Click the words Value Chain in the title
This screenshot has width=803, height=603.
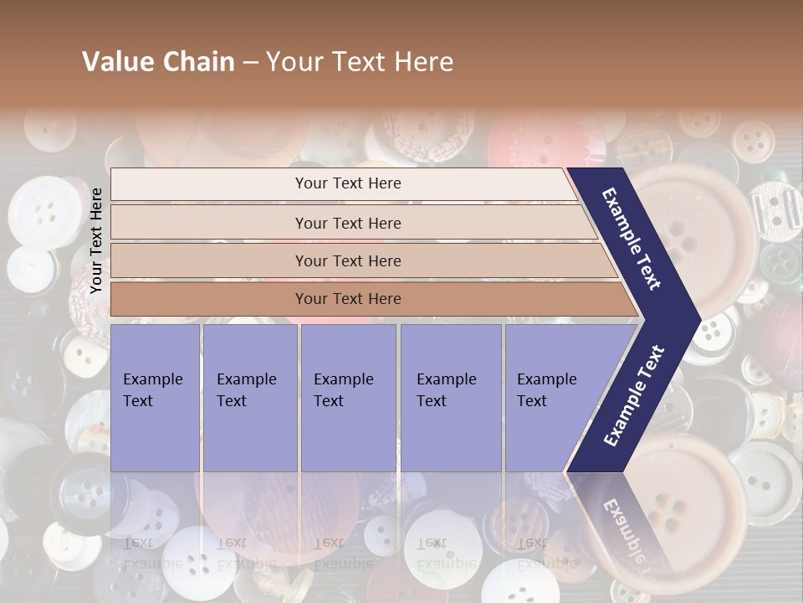(158, 62)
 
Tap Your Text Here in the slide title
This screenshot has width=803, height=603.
(360, 62)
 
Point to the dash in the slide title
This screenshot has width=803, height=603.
(250, 63)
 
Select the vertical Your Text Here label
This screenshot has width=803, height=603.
(97, 241)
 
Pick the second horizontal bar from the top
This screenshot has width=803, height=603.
(348, 223)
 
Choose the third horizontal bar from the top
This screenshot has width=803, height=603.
(348, 260)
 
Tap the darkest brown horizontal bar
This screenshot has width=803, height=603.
(348, 299)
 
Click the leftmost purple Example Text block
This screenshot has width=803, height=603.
(155, 398)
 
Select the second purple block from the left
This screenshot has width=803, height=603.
(249, 398)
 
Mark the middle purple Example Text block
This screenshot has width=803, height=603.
(348, 398)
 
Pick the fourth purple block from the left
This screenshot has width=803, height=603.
(450, 398)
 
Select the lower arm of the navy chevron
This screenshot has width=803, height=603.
(636, 398)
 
